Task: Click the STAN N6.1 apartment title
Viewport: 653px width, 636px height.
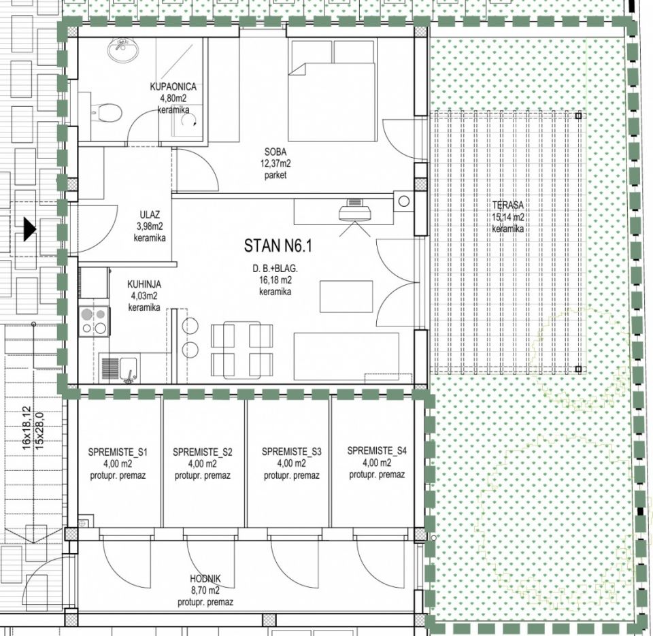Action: point(278,246)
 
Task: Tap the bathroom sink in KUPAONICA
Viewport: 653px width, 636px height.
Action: point(122,50)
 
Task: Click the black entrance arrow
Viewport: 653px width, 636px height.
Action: point(29,229)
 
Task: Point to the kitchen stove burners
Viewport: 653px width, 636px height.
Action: point(95,320)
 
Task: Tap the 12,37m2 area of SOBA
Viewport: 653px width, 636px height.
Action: point(275,163)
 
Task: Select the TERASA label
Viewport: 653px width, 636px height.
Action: point(507,205)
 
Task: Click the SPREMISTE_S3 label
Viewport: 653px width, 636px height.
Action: point(292,452)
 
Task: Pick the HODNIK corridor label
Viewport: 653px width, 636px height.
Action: point(205,579)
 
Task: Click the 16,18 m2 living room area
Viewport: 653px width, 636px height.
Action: point(275,280)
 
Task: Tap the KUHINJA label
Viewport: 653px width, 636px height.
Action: point(144,284)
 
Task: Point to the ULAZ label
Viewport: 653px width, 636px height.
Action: point(150,215)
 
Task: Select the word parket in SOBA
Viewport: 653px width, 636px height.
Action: point(275,175)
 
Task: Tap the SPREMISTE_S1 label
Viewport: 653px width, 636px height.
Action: point(118,452)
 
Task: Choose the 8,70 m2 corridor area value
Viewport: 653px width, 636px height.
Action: point(205,590)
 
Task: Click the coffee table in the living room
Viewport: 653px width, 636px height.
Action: point(346,297)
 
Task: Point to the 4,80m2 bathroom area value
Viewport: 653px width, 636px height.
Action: point(173,99)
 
